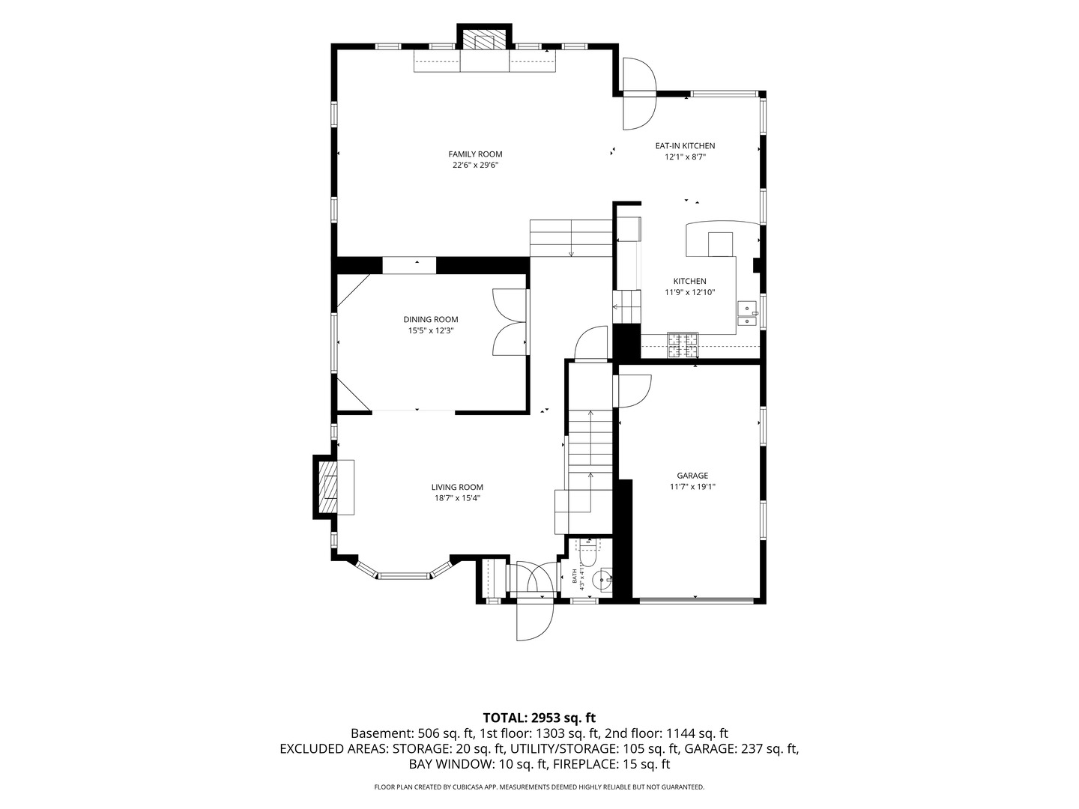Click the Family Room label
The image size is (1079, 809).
(x=475, y=154)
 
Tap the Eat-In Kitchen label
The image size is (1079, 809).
(x=685, y=146)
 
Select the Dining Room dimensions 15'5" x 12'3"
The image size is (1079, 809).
(x=431, y=330)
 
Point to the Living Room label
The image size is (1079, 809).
(x=457, y=487)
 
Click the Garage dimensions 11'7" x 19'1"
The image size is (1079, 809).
(x=692, y=487)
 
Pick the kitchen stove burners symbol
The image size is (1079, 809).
(x=683, y=345)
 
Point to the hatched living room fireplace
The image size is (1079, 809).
(x=328, y=487)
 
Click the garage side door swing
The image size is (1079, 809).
(x=634, y=391)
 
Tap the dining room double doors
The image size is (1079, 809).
(x=510, y=322)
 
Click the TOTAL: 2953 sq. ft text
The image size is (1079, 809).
(x=539, y=718)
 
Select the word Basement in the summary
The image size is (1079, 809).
(x=381, y=734)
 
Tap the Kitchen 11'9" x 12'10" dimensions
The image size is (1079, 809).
(x=689, y=292)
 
